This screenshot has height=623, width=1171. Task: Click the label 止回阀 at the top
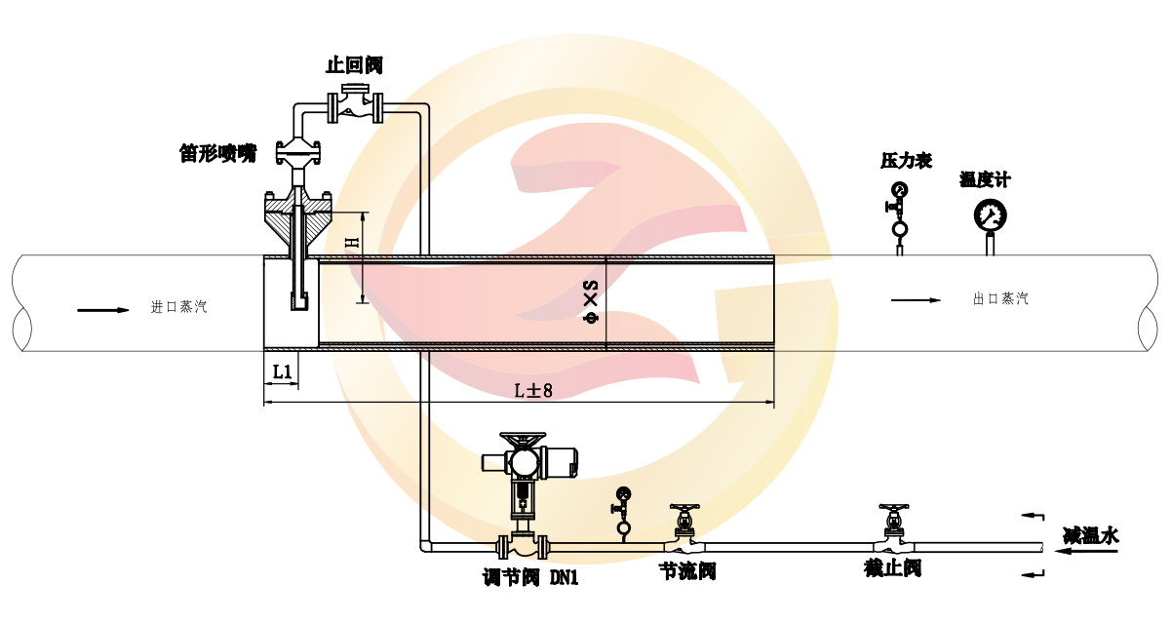point(355,65)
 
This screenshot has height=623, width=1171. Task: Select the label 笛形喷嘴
point(217,153)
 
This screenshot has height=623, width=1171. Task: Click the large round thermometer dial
point(990,214)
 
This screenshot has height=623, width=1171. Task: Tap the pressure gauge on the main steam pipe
point(899,189)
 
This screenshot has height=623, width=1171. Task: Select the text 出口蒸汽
point(1000,299)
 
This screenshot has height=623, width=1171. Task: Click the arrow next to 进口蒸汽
point(103,310)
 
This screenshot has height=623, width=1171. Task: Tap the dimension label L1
point(282,371)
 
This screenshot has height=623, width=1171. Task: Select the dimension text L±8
point(533,390)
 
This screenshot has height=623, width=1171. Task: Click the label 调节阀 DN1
point(530,577)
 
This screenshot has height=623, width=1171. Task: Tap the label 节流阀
point(688,570)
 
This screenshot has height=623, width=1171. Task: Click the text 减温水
point(1090,535)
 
